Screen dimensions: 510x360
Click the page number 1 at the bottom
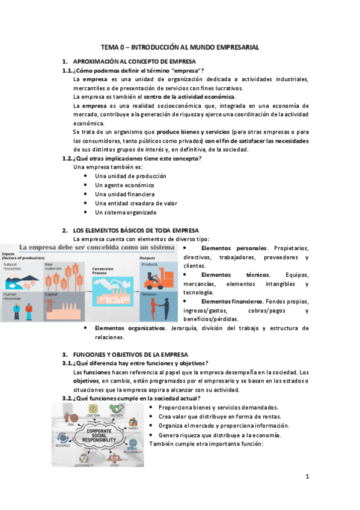tap(307, 477)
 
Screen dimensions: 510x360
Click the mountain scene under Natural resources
tap(22, 278)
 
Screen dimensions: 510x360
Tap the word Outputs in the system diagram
tap(148, 257)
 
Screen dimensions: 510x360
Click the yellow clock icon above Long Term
tap(93, 409)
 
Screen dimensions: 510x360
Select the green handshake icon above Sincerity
tap(116, 409)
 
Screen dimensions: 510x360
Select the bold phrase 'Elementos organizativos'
tap(130, 328)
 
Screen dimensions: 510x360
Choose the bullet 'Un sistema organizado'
tap(125, 212)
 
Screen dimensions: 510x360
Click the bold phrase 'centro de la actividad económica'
tap(190, 96)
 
